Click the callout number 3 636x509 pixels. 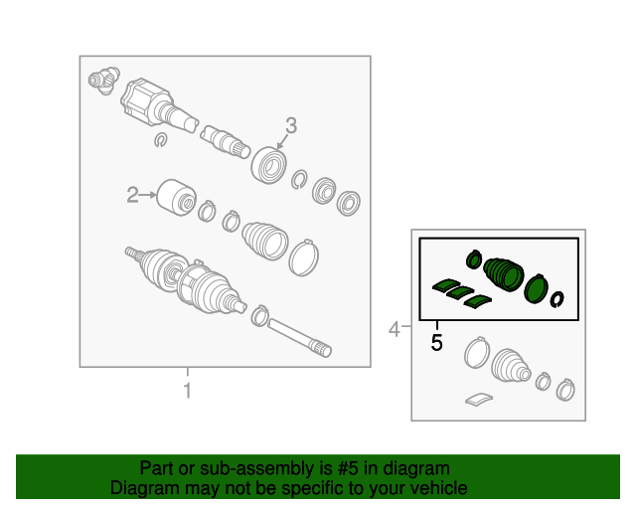291,125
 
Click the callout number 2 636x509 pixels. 132,195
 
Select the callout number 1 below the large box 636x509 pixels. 187,391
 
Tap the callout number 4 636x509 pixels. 395,329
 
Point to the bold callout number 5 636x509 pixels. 436,343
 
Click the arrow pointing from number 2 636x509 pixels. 148,195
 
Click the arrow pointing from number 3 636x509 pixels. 282,141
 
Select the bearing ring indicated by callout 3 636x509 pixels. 269,165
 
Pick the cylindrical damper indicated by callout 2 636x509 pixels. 176,198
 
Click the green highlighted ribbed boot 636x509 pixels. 504,274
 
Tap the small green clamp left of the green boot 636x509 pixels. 473,258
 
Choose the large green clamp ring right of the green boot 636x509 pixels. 537,288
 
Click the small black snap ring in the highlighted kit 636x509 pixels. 557,299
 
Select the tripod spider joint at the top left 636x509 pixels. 104,80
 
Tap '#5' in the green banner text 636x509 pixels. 348,468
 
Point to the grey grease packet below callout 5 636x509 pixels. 479,399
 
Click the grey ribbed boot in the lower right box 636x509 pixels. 511,365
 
